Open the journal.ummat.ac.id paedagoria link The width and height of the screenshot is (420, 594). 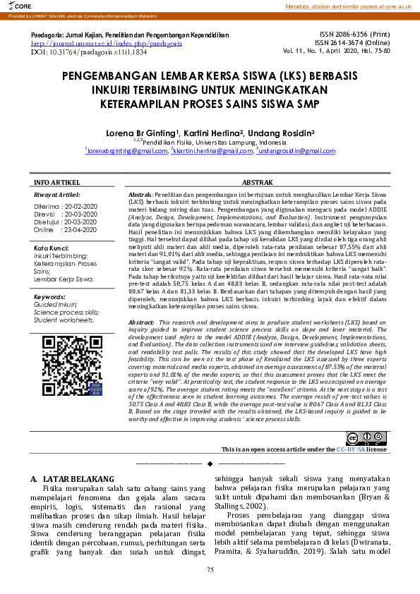107,43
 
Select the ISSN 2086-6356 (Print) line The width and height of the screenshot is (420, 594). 354,34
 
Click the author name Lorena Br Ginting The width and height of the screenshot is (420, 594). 153,132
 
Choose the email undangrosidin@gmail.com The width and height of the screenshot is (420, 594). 296,150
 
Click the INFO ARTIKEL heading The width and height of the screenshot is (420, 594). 57,182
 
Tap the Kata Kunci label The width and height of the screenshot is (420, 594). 50,248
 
